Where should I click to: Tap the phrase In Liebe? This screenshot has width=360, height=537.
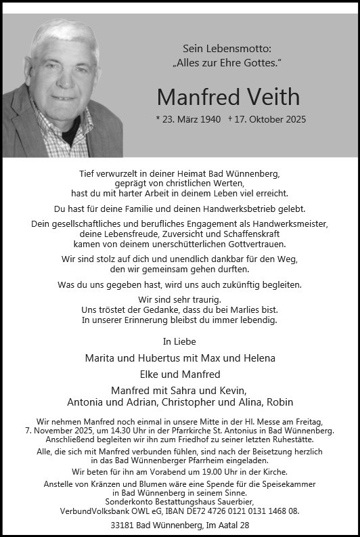[179, 341]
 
